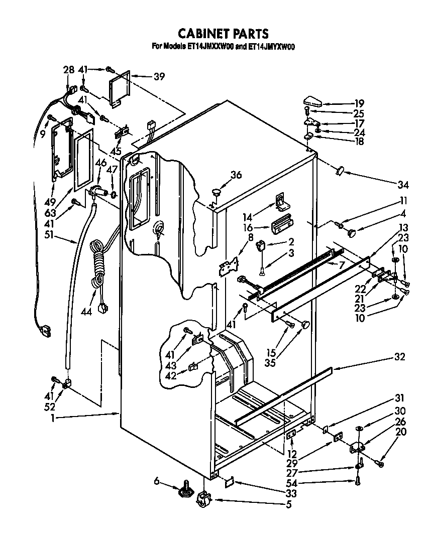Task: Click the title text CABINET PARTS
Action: click(224, 34)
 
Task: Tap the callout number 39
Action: click(159, 76)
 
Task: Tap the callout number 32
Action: click(400, 357)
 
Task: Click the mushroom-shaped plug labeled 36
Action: click(217, 192)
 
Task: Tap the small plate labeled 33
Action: click(229, 481)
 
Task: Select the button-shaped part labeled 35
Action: click(304, 325)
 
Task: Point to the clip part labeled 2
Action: click(261, 245)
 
